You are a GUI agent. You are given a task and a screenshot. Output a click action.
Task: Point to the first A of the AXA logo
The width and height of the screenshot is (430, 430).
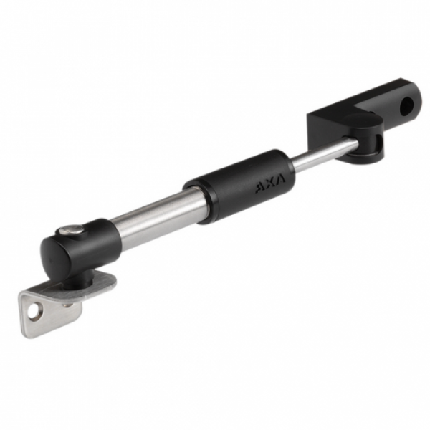[x=261, y=188]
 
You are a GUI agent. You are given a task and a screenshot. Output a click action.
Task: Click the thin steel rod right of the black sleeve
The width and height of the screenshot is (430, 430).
[x=324, y=155]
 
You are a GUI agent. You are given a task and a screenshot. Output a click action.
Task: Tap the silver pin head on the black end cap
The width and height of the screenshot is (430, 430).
[x=71, y=230]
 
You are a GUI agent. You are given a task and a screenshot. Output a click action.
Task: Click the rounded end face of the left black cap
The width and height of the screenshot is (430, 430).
[x=54, y=254]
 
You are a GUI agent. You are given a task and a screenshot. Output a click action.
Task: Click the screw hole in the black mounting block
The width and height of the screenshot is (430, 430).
[x=406, y=106]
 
